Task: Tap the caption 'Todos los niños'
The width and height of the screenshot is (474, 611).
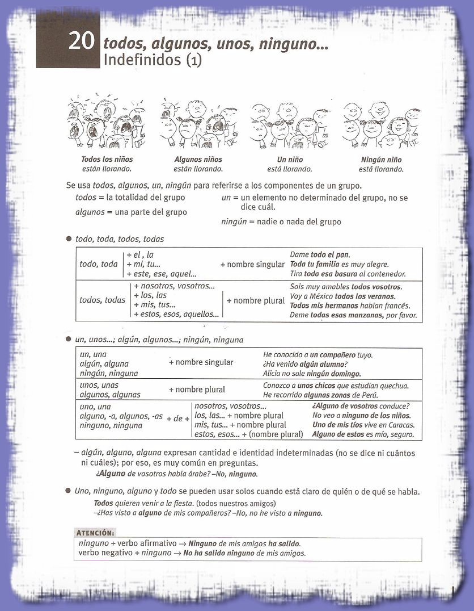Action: click(107, 160)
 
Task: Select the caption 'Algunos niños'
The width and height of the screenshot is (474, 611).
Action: click(198, 160)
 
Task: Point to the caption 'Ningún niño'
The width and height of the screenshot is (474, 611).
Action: click(381, 160)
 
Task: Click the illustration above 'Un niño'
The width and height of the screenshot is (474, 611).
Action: click(290, 125)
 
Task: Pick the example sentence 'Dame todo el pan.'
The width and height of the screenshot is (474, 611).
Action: click(320, 255)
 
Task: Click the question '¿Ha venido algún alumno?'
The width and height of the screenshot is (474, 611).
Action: click(305, 364)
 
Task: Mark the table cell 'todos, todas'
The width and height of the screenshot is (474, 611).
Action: click(102, 300)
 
